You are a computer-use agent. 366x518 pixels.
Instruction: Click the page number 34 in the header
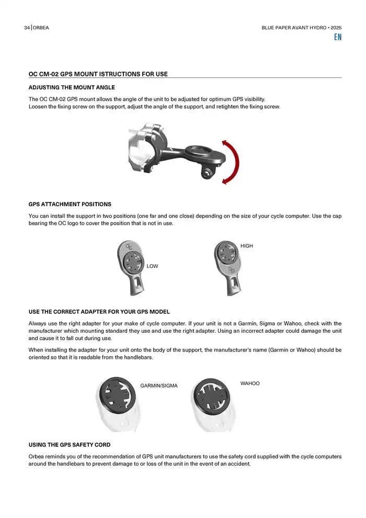27,28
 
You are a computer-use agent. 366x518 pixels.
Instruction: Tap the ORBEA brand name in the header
41,28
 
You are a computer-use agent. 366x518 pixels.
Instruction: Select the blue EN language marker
338,38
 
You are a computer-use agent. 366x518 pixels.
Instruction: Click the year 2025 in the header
336,28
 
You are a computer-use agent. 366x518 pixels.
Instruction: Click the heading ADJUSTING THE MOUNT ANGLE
72,87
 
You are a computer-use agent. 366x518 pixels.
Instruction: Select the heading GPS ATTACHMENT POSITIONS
70,204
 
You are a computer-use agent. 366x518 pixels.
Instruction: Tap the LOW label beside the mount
152,266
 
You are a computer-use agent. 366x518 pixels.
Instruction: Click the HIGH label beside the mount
247,246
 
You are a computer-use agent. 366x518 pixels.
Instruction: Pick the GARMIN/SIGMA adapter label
159,386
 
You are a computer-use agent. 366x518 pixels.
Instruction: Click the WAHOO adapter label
250,384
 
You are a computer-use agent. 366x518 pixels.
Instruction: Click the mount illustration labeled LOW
131,264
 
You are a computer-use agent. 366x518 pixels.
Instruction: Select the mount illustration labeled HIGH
228,264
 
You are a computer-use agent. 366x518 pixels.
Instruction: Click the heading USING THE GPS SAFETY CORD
69,445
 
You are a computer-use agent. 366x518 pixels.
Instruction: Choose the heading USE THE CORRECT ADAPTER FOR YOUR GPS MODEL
99,312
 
